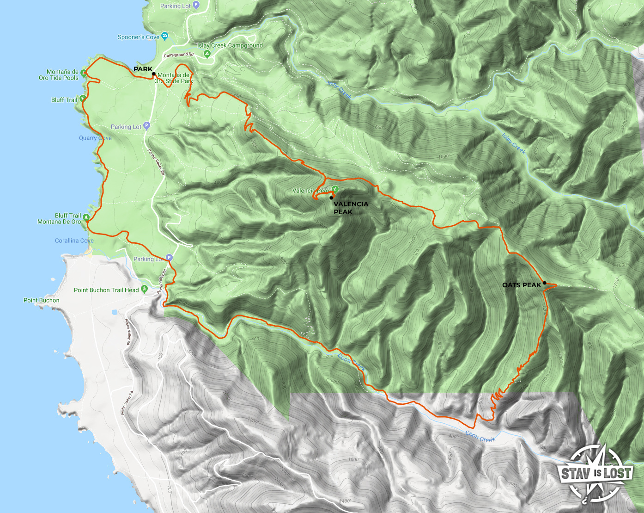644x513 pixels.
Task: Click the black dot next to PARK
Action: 153,74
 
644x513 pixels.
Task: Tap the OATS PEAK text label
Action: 521,285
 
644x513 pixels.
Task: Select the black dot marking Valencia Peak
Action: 331,198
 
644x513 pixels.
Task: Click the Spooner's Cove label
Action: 138,37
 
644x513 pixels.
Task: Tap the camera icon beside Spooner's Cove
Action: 165,37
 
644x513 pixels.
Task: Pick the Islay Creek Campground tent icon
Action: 207,54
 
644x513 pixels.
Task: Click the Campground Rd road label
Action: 178,55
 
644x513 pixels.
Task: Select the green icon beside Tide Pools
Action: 84,73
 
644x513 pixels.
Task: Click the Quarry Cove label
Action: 95,138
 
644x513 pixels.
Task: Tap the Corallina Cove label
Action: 74,241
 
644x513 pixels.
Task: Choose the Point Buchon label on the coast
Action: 41,300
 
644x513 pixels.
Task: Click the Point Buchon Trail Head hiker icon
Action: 144,290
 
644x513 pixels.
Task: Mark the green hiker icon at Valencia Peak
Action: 335,189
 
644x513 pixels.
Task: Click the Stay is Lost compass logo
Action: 596,473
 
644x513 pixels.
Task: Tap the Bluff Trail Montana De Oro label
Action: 59,219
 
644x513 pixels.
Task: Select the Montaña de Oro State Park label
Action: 174,78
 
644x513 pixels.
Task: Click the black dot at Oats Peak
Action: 545,283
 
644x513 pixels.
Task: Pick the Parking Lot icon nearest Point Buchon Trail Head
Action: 169,258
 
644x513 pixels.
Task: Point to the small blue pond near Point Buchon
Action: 114,313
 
